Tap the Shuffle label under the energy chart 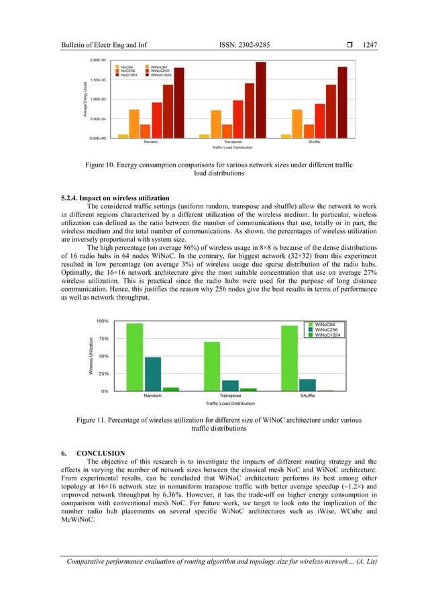click(x=314, y=142)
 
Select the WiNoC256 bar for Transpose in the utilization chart click(x=231, y=385)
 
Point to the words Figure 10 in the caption click(x=100, y=164)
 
